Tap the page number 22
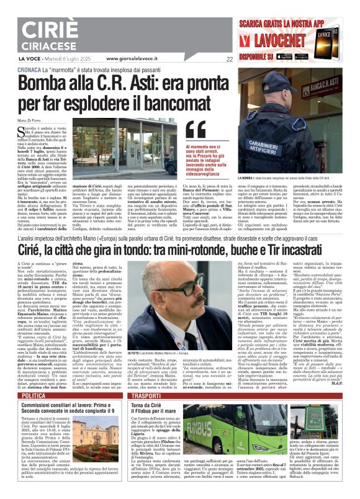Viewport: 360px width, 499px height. pyautogui.click(x=230, y=60)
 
